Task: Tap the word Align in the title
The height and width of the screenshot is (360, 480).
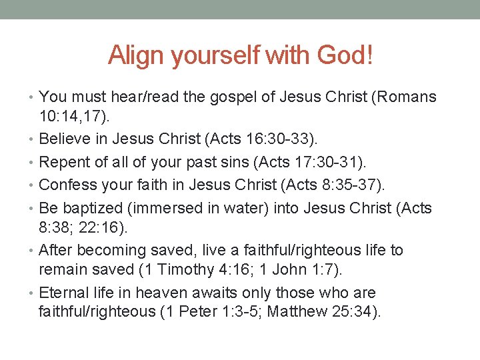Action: point(136,55)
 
